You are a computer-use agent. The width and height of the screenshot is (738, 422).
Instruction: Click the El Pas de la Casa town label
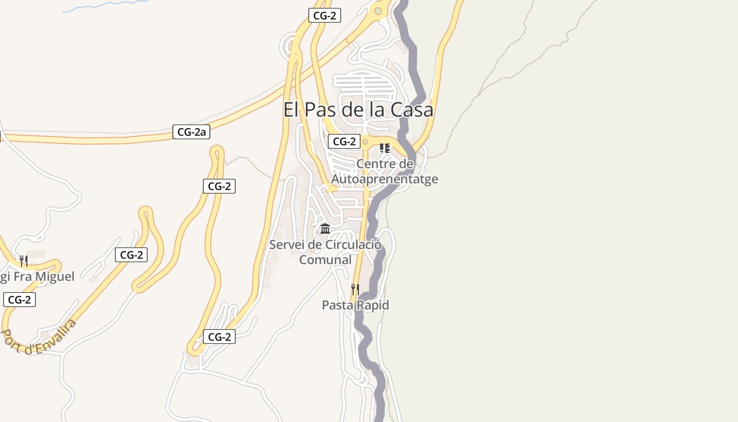358,110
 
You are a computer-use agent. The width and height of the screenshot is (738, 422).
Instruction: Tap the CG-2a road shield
191,132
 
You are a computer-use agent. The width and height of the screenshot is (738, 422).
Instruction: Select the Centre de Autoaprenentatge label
384,171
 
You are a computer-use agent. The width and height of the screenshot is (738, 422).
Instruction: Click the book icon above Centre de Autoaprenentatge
385,148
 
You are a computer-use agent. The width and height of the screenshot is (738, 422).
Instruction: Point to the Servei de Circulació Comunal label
325,252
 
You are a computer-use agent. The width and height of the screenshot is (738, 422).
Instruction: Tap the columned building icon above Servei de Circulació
325,229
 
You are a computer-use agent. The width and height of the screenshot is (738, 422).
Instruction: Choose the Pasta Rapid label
355,305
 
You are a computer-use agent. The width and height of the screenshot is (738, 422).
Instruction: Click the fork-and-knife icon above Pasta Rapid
355,289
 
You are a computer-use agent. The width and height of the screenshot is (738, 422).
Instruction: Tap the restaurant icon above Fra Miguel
23,261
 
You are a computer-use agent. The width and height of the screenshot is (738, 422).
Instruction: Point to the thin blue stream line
105,6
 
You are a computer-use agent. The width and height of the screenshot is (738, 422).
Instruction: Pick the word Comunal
325,260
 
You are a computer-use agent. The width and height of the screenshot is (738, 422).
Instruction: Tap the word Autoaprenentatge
384,179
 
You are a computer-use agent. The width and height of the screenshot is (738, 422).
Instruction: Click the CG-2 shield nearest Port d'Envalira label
20,300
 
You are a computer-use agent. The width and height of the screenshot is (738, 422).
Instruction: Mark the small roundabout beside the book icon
365,142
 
